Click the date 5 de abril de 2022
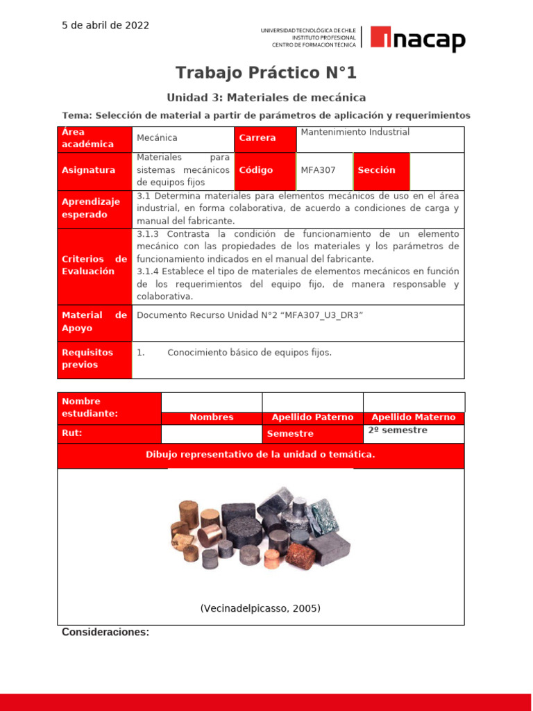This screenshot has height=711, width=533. (x=105, y=26)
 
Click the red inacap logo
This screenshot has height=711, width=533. (x=418, y=39)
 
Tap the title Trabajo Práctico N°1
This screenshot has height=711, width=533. (x=266, y=73)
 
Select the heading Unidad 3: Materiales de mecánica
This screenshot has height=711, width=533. (x=266, y=98)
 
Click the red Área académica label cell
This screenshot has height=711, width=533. (x=94, y=138)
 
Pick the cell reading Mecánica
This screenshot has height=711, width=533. (x=157, y=138)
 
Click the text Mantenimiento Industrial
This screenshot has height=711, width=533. (x=355, y=132)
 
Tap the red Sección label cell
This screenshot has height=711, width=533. (x=381, y=170)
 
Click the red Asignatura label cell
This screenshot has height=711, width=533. (x=94, y=170)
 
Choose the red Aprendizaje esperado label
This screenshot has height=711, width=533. (x=94, y=208)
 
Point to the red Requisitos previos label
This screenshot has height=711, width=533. (x=94, y=359)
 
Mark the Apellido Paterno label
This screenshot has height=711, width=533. (x=312, y=418)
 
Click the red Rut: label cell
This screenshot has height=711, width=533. (x=109, y=433)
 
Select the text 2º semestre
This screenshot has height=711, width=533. (x=398, y=430)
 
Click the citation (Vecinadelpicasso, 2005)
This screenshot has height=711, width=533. (x=260, y=608)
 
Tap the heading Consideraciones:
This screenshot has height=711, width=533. (x=105, y=632)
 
